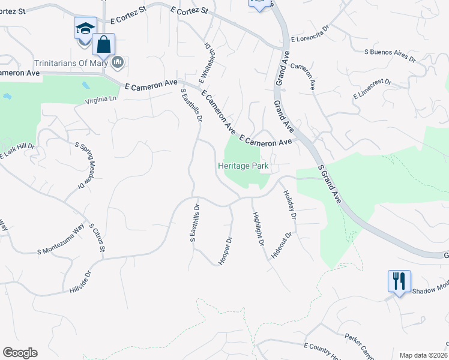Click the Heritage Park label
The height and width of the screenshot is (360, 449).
coord(242,166)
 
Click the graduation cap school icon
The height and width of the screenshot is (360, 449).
coord(85,29)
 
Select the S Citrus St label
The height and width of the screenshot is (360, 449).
coord(97,238)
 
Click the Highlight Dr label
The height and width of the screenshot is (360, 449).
coord(258,229)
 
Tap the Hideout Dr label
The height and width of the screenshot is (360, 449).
coord(281,245)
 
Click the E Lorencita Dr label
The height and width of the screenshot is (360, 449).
coord(310,39)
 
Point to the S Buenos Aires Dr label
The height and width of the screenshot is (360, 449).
coord(390,56)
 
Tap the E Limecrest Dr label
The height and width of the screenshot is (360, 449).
coord(372,89)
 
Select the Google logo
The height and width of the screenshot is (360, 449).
coord(20,353)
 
